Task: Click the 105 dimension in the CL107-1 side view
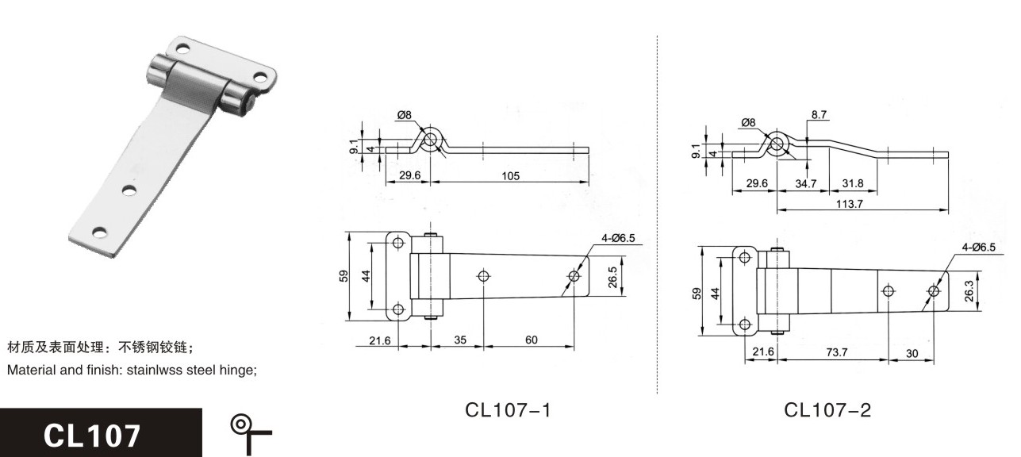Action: tap(511, 176)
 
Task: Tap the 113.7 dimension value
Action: tap(849, 204)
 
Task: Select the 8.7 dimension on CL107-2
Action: tap(819, 115)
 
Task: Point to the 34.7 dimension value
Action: tap(806, 183)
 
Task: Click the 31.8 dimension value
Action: tap(852, 183)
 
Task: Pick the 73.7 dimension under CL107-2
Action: tap(837, 352)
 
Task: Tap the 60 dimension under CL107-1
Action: tap(531, 340)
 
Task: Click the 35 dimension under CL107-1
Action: tap(460, 340)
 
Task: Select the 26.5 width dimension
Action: tap(612, 277)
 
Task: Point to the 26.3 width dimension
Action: tap(969, 290)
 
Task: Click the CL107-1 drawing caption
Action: tap(508, 410)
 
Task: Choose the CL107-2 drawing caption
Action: tap(827, 410)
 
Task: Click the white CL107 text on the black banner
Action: tap(92, 436)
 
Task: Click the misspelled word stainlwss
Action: tap(155, 370)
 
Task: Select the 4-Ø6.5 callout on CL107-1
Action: tap(618, 238)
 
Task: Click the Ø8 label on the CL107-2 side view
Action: tap(748, 122)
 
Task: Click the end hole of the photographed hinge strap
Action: tap(99, 232)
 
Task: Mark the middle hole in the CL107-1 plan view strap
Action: tap(483, 275)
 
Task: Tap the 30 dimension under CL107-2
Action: tap(912, 354)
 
